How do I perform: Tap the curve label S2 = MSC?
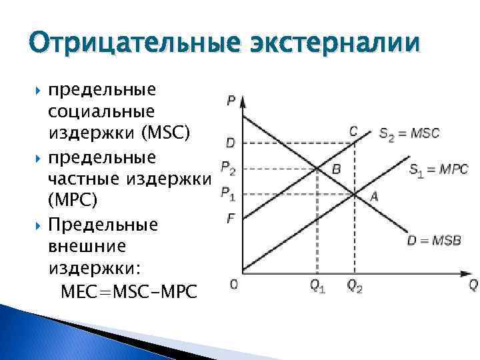pyautogui.click(x=409, y=133)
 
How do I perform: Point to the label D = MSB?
pyautogui.click(x=434, y=239)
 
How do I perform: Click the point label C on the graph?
pyautogui.click(x=353, y=131)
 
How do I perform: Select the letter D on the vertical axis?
pyautogui.click(x=229, y=143)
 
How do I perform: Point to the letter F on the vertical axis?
pyautogui.click(x=229, y=217)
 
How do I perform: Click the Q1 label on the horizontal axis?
pyautogui.click(x=317, y=287)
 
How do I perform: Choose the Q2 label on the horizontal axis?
pyautogui.click(x=355, y=287)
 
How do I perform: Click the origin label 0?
pyautogui.click(x=233, y=285)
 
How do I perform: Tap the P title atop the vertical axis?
pyautogui.click(x=230, y=101)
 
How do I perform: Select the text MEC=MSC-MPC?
pyautogui.click(x=129, y=291)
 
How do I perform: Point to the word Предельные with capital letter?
pyautogui.click(x=103, y=223)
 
